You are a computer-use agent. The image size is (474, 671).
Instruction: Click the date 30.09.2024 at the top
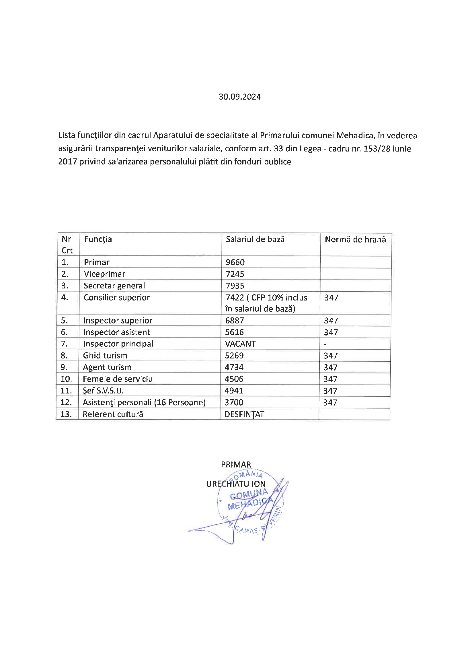[240, 97]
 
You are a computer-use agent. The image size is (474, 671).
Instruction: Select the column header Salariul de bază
[255, 239]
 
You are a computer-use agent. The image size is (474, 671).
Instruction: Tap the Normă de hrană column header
[355, 240]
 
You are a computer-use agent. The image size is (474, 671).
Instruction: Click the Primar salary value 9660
[235, 262]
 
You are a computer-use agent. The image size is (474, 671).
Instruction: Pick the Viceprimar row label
[105, 274]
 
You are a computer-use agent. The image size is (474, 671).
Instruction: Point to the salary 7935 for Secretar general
[235, 286]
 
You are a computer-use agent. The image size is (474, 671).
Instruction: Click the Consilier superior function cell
[116, 298]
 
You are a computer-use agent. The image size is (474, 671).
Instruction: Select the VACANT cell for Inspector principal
[240, 344]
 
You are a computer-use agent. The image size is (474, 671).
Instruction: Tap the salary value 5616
[234, 332]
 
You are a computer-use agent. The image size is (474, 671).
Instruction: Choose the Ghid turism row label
[105, 355]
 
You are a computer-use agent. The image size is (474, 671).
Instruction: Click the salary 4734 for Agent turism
[234, 367]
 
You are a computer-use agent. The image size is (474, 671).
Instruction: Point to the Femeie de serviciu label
[118, 379]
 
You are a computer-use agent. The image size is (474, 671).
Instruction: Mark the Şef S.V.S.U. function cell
[103, 390]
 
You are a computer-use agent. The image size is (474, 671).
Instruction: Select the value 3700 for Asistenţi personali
[234, 402]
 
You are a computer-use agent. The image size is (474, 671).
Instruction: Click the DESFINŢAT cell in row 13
[244, 414]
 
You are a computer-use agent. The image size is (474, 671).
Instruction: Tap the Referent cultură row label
[113, 414]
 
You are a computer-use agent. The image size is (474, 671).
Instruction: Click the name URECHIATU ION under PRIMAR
[236, 484]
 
